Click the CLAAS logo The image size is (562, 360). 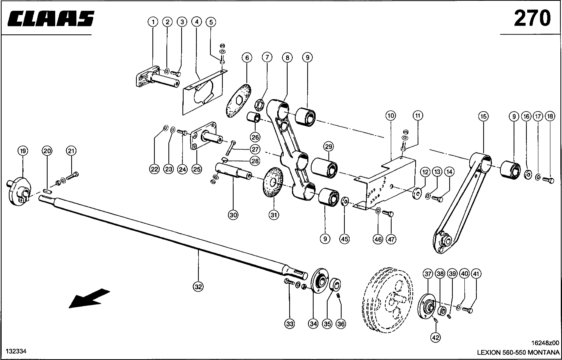click(x=50, y=18)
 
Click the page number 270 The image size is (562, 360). click(x=532, y=18)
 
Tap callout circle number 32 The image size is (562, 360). click(x=198, y=286)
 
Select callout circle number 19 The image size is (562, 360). click(x=22, y=151)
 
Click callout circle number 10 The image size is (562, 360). click(x=391, y=116)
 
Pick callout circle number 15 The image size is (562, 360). click(x=483, y=116)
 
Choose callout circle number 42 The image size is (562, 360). click(x=436, y=338)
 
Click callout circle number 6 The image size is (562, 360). click(x=247, y=58)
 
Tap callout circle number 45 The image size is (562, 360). click(x=344, y=239)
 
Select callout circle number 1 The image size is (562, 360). click(x=153, y=22)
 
